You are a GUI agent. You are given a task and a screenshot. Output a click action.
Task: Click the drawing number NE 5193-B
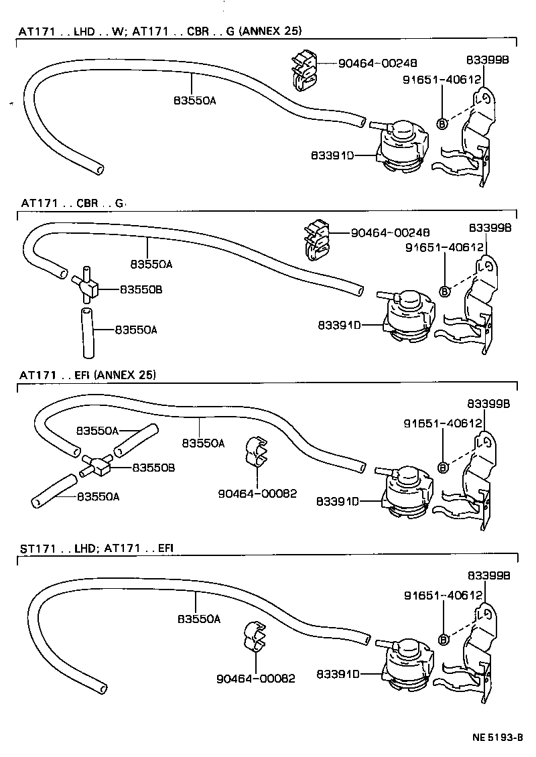pos(496,738)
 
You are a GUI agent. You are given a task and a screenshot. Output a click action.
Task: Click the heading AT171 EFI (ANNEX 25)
pos(88,375)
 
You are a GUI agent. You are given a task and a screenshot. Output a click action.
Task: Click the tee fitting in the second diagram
pos(88,287)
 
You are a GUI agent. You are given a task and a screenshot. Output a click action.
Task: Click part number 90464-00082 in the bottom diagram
pos(256,678)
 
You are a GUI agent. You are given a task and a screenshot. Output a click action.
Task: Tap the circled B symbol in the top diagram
pos(442,123)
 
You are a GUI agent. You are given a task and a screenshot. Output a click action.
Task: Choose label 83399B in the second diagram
pos(490,228)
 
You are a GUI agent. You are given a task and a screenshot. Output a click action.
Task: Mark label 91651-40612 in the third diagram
pos(443,423)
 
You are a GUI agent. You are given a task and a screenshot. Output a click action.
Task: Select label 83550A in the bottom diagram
pos(199,619)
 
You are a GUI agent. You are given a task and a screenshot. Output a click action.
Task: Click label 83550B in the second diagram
pos(141,289)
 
